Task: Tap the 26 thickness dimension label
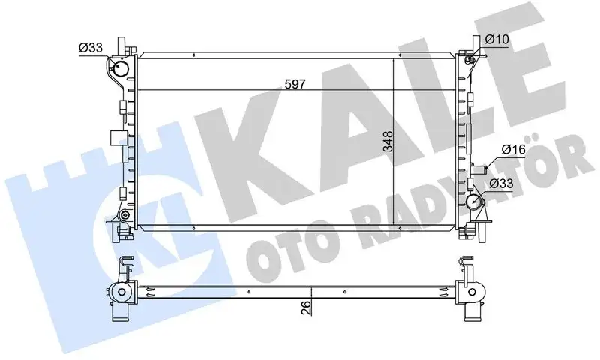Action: pyautogui.click(x=304, y=307)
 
